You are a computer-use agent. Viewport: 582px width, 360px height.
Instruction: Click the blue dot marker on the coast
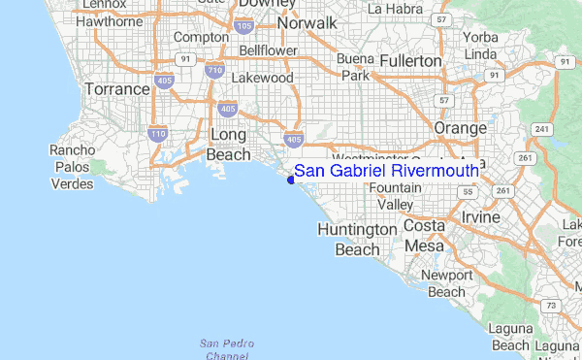[291, 179]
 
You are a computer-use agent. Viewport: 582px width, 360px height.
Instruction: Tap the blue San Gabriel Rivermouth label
[386, 171]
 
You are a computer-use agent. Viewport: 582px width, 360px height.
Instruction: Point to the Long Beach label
[228, 144]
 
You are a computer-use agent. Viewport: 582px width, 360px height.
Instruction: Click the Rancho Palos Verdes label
[73, 167]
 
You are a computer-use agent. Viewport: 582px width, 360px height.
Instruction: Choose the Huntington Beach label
[357, 239]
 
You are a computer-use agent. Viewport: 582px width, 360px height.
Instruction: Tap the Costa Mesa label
[423, 236]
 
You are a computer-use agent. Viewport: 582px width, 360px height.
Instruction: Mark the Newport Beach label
[446, 282]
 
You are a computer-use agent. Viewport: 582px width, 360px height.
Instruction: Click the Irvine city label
[481, 216]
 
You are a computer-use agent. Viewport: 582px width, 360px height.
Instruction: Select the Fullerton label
[408, 60]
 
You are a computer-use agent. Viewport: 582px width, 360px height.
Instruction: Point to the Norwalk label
[307, 22]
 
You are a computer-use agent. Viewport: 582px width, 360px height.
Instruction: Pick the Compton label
[200, 37]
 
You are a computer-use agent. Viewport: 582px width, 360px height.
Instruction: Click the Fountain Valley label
[395, 196]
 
